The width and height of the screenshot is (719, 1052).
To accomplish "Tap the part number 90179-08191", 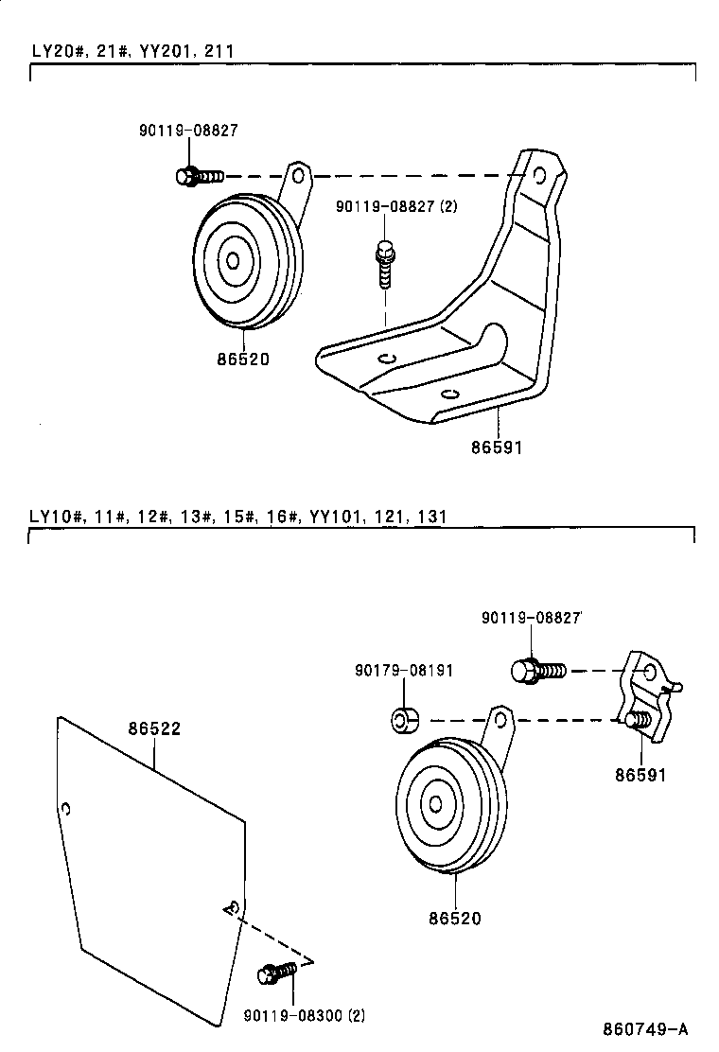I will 404,670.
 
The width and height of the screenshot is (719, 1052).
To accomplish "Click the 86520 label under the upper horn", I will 242,359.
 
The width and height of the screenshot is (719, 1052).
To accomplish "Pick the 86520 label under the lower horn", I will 455,917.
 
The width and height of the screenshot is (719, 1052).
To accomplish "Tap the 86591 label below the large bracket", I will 495,447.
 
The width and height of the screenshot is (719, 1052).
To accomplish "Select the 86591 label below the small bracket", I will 640,775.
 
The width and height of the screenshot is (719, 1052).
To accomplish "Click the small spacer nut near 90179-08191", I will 404,720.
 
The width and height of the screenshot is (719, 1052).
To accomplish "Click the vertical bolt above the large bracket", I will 384,264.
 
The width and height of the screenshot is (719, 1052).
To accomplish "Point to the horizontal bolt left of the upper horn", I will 199,175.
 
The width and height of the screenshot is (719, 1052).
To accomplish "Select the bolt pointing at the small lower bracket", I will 538,671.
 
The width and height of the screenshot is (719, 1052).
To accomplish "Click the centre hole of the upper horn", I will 231,260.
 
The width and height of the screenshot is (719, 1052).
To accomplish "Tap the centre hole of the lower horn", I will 435,804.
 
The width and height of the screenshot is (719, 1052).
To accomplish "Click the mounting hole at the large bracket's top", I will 539,175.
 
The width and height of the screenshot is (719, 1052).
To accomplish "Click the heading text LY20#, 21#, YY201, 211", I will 132,51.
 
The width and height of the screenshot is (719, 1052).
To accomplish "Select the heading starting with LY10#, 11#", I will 237,516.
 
